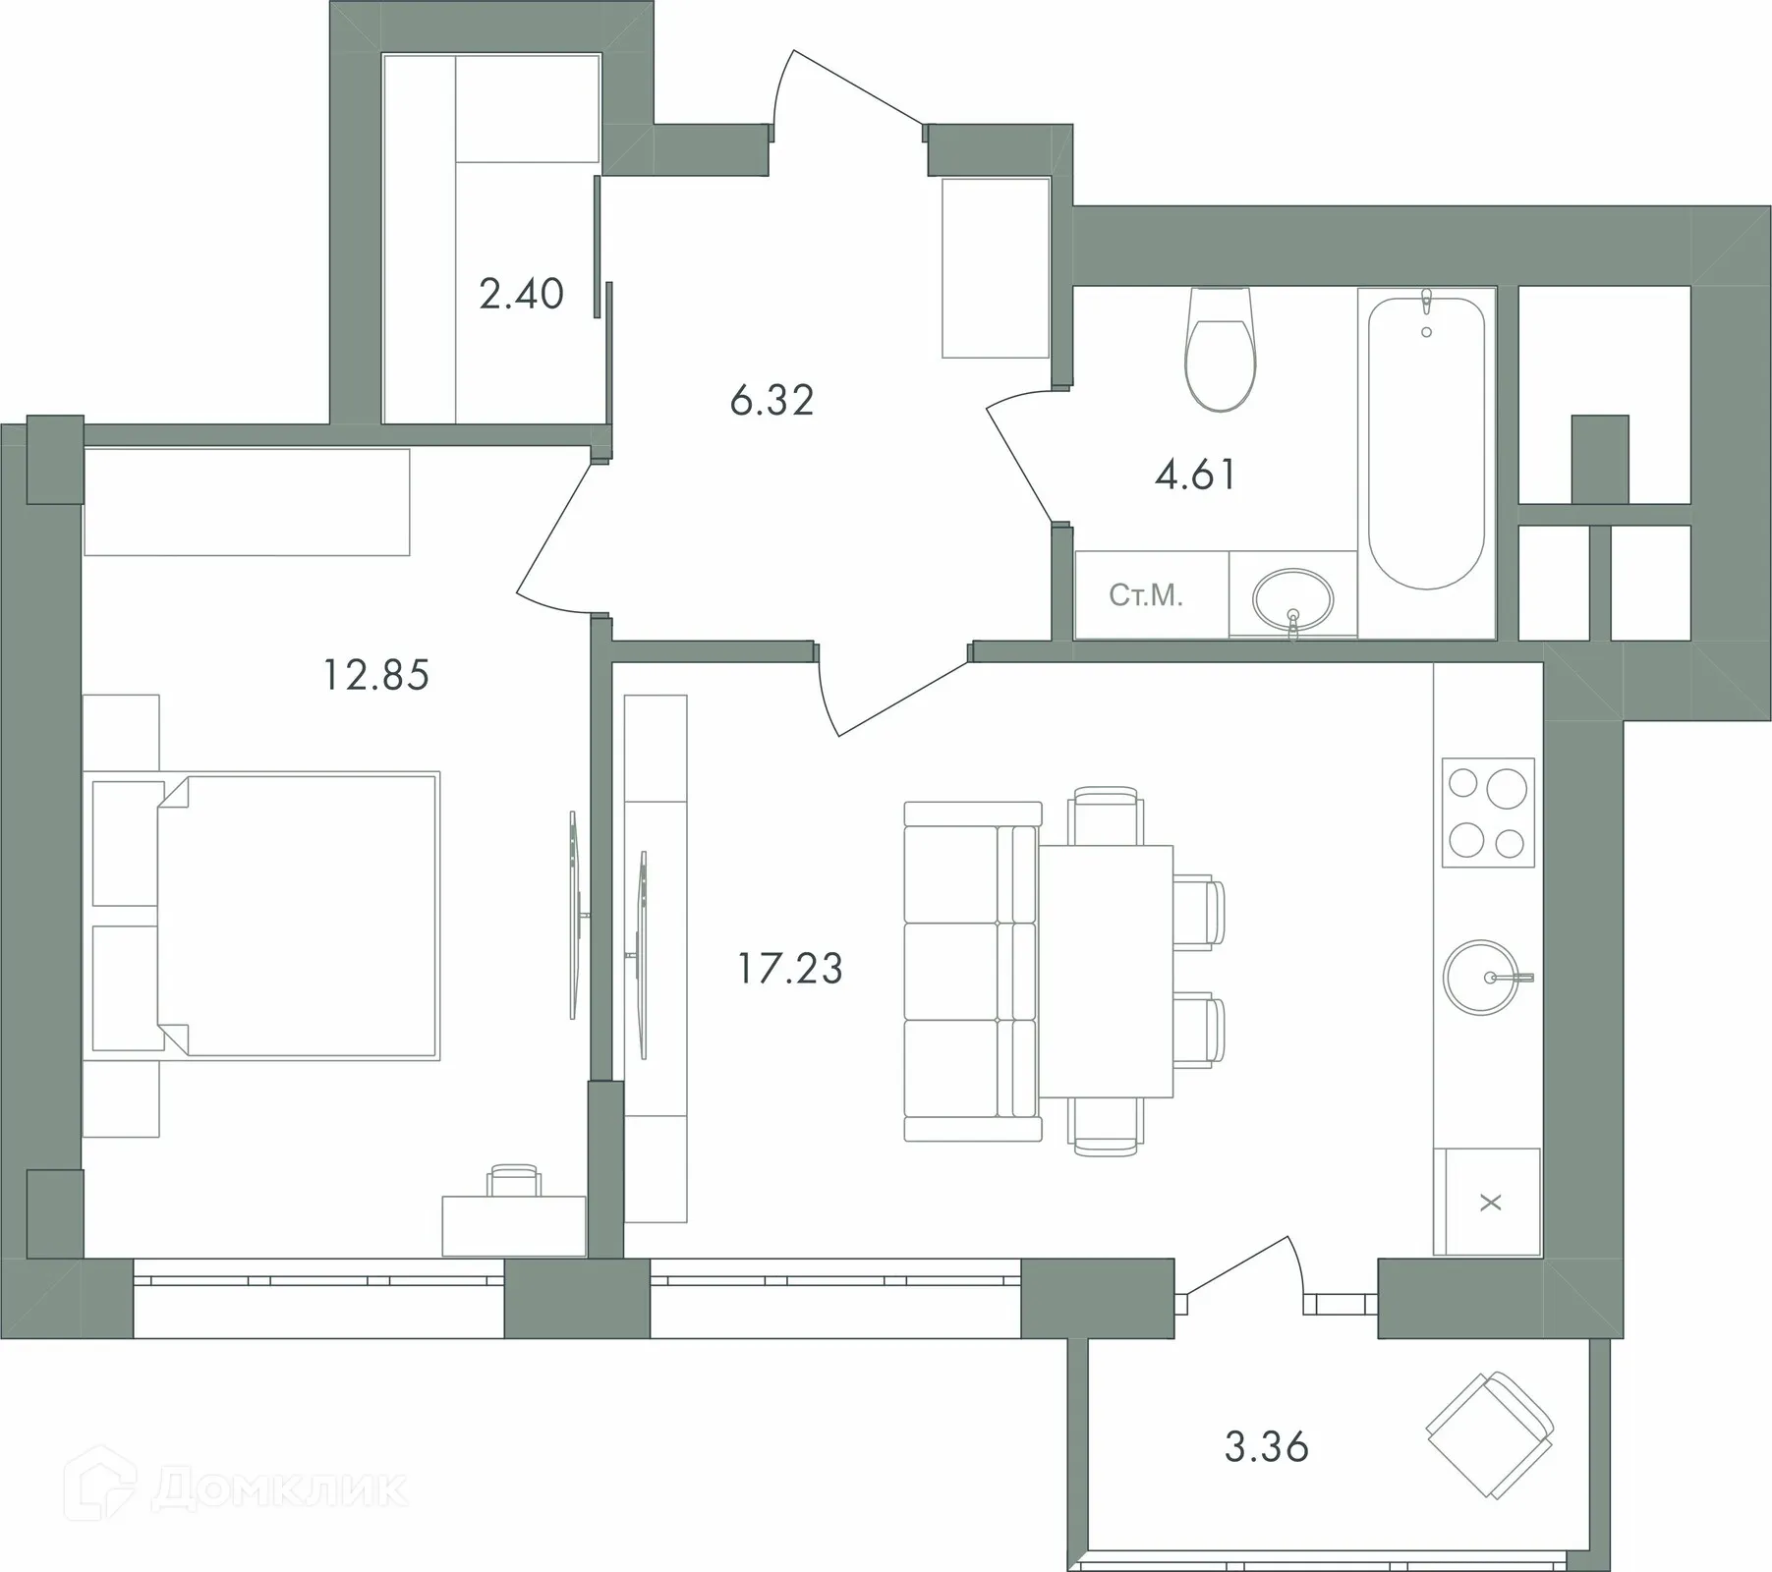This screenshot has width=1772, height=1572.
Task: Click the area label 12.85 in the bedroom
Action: [x=376, y=676]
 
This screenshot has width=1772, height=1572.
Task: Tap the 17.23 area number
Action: [x=790, y=969]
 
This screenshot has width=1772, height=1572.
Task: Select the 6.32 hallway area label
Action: [x=772, y=401]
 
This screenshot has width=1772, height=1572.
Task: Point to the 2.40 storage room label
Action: [x=521, y=294]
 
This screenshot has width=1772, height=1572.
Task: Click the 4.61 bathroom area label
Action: [x=1195, y=475]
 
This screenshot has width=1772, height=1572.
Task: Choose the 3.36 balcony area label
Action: [x=1267, y=1447]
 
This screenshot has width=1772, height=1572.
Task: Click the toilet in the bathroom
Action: [x=1221, y=349]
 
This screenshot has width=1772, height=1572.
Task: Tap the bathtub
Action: [x=1426, y=442]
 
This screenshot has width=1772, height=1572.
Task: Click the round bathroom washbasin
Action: [x=1293, y=597]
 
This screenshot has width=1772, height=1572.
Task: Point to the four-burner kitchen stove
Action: [x=1488, y=813]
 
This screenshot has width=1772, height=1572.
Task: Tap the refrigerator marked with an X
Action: [x=1487, y=1202]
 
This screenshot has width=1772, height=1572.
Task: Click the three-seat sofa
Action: [x=971, y=972]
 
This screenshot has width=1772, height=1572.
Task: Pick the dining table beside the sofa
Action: [x=1106, y=971]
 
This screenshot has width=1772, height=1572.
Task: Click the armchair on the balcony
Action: [x=1491, y=1434]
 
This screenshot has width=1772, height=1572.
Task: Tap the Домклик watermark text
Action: [x=280, y=1489]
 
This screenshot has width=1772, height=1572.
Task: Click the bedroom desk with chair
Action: [x=514, y=1213]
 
